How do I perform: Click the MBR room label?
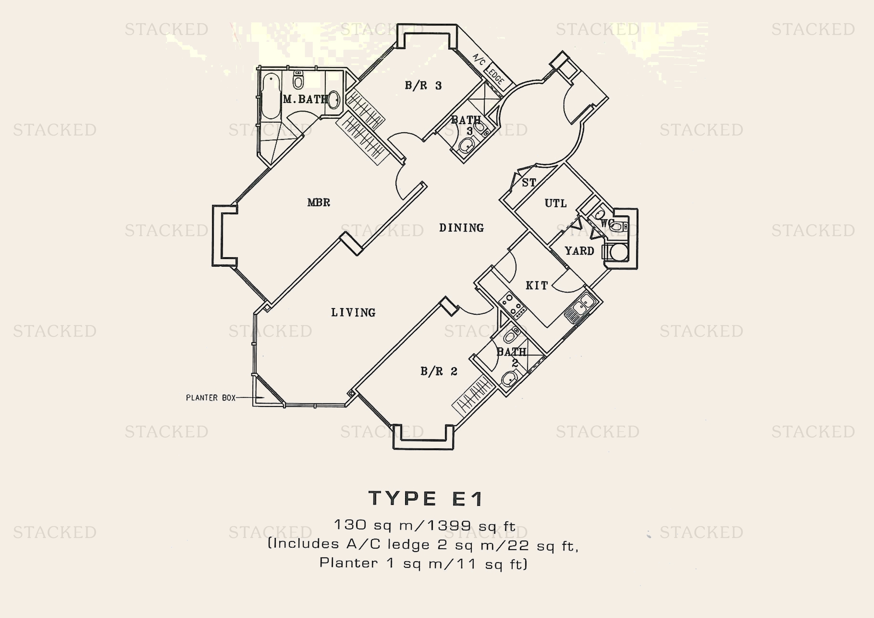(x=319, y=202)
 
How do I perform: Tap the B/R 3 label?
(x=423, y=85)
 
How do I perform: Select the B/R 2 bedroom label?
(x=439, y=371)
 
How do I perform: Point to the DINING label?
(x=461, y=228)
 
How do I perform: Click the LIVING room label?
(x=353, y=312)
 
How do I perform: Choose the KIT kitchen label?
(x=537, y=285)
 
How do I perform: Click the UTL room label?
(x=555, y=203)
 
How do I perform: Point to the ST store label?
(x=529, y=183)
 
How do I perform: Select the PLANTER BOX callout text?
(x=210, y=398)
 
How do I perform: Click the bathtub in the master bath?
(x=271, y=95)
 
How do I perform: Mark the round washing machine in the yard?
(x=618, y=252)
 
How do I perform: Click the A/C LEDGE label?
(x=489, y=70)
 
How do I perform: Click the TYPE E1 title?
(x=426, y=498)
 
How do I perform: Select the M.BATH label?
(x=305, y=99)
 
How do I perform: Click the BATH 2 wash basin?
(x=509, y=379)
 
